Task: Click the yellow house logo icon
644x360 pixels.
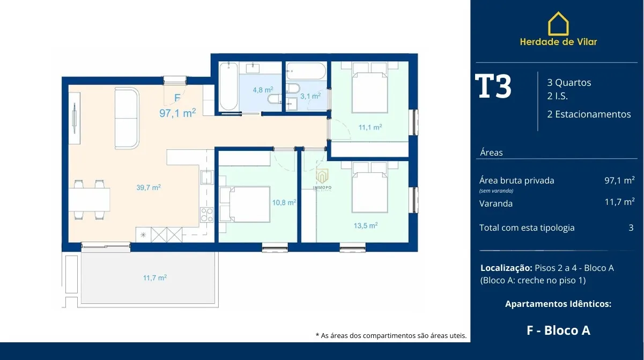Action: tap(558, 24)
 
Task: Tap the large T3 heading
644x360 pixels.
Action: tap(493, 86)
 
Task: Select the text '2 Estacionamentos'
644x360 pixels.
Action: tap(589, 114)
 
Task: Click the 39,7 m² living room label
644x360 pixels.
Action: tap(149, 187)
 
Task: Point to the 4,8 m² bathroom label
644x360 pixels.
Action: tap(263, 90)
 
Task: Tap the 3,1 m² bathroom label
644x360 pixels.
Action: tap(310, 96)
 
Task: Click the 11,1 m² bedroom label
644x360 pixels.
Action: tap(370, 127)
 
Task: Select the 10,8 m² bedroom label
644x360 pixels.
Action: tap(284, 202)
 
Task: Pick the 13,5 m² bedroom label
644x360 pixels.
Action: tap(365, 225)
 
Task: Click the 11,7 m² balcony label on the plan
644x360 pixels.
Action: tap(154, 278)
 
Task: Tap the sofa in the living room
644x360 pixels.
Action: tap(127, 118)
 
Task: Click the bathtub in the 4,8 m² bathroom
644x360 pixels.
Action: tap(228, 86)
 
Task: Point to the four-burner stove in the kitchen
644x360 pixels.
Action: tap(207, 215)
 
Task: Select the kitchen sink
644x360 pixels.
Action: tap(207, 177)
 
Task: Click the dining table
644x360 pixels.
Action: tap(89, 200)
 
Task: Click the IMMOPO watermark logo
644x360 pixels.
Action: tap(322, 180)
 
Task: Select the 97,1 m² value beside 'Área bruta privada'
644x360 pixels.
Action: tap(619, 180)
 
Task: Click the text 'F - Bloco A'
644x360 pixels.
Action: tap(558, 330)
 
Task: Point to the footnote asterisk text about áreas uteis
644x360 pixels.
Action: tap(391, 335)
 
